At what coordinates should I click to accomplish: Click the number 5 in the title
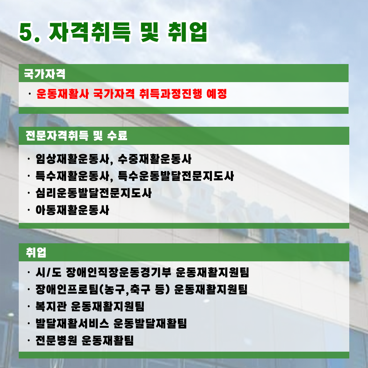pos(26,33)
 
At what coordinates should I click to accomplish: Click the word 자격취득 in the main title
pos(89,32)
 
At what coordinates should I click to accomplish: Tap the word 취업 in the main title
pos(188,32)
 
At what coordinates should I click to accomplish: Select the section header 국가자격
pos(45,74)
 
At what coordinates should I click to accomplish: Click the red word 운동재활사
pos(63,94)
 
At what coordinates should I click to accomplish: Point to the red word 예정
pos(217,94)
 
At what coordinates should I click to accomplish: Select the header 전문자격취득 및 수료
pos(76,135)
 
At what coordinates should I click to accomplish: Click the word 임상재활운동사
pos(73,159)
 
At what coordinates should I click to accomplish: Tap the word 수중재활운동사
pos(155,159)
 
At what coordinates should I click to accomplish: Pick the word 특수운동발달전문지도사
pos(176,176)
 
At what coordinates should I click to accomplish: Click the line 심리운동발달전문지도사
pos(94,193)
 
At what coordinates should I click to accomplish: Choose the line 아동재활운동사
pos(72,210)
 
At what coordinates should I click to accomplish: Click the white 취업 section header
pos(36,252)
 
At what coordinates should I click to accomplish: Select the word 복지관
pos(51,306)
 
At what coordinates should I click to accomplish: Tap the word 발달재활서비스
pos(72,323)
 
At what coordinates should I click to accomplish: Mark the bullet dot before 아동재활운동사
pos(29,210)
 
